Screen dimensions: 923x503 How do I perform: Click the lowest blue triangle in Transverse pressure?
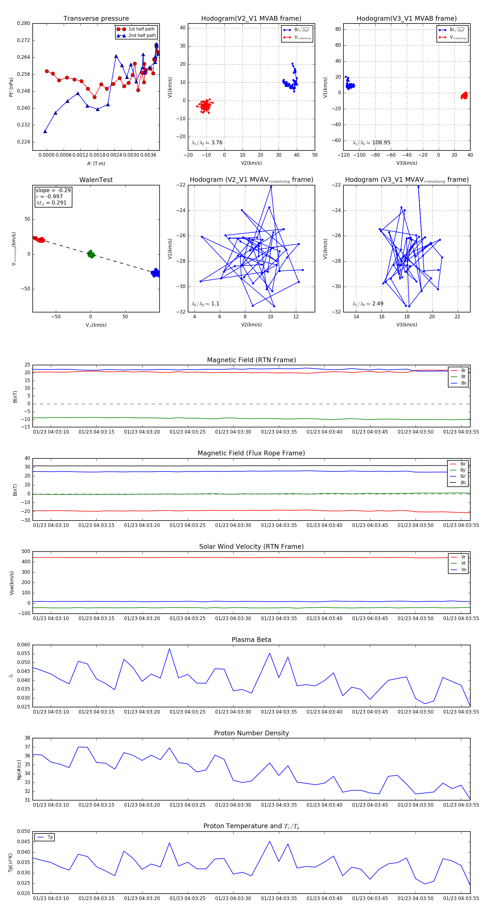click(45, 131)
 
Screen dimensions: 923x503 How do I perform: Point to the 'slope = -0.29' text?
click(53, 190)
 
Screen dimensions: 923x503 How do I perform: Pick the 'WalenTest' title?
click(96, 180)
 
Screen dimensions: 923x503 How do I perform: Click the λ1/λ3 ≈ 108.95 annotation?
click(371, 143)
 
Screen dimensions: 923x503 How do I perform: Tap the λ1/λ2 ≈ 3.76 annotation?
click(207, 143)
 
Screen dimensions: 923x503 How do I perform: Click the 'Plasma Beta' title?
click(251, 640)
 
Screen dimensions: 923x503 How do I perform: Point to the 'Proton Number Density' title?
click(251, 733)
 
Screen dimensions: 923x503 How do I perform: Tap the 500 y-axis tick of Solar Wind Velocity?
click(26, 552)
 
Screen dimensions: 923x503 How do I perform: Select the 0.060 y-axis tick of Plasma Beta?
click(24, 645)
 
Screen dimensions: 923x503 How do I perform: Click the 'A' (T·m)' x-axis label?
click(96, 163)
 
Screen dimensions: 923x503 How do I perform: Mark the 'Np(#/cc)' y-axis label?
click(19, 769)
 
